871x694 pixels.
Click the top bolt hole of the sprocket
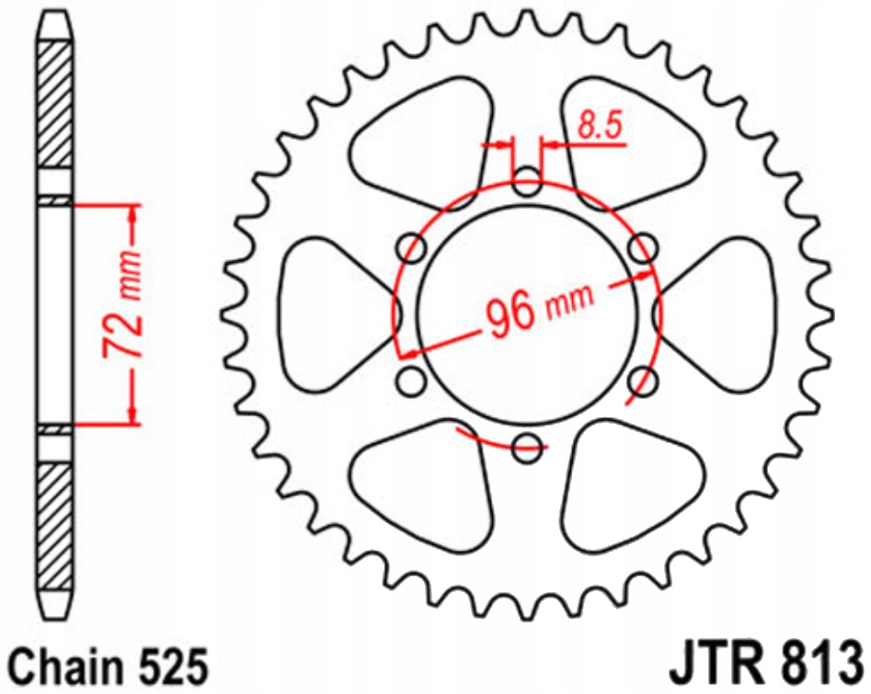click(x=527, y=181)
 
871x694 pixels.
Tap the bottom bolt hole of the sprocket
click(x=527, y=448)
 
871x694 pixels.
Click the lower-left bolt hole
click(x=412, y=381)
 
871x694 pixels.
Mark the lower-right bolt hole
click(x=643, y=381)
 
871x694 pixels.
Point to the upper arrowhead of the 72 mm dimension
click(x=135, y=213)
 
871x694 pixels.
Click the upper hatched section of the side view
click(x=55, y=106)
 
